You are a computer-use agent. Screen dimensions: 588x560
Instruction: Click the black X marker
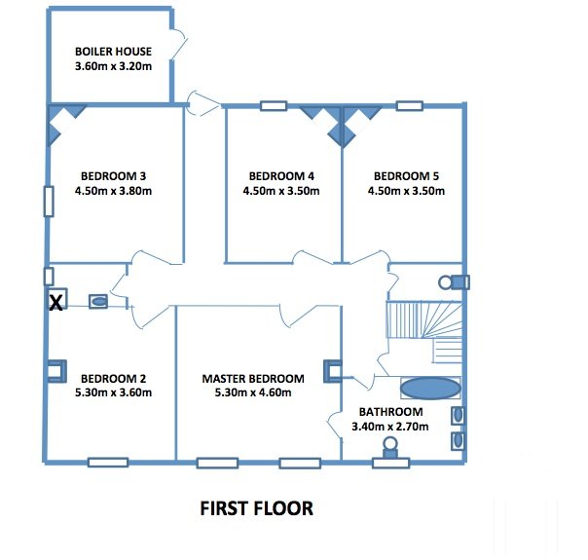point(55,302)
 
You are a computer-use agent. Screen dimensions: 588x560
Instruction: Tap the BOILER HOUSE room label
point(113,52)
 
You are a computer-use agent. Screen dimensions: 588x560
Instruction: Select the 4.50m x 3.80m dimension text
point(113,191)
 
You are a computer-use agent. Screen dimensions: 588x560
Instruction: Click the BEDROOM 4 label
point(281,176)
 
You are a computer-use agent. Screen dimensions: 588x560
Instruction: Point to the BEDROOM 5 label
point(406,176)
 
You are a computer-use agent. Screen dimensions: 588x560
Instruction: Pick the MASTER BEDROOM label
point(253,379)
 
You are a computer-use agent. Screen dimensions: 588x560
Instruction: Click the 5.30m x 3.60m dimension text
point(113,392)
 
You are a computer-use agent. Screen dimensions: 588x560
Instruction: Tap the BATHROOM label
point(390,412)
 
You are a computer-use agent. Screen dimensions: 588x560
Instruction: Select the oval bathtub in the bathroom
point(430,389)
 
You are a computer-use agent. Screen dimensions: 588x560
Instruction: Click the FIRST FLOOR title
point(256,508)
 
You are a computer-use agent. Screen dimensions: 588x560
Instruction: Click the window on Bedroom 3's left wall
point(49,202)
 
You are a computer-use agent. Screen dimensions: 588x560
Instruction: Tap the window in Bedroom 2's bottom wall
point(108,462)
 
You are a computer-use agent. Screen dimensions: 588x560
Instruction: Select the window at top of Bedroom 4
point(274,106)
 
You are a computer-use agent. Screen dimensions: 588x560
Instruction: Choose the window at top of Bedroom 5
point(410,106)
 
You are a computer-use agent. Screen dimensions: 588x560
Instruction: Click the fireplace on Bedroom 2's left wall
point(57,371)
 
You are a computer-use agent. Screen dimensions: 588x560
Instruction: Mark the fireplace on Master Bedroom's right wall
point(333,371)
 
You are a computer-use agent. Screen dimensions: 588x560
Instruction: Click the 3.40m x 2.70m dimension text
point(390,427)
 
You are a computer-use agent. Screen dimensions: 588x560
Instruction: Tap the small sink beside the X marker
point(98,301)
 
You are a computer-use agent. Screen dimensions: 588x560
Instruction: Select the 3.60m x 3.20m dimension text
point(113,66)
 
